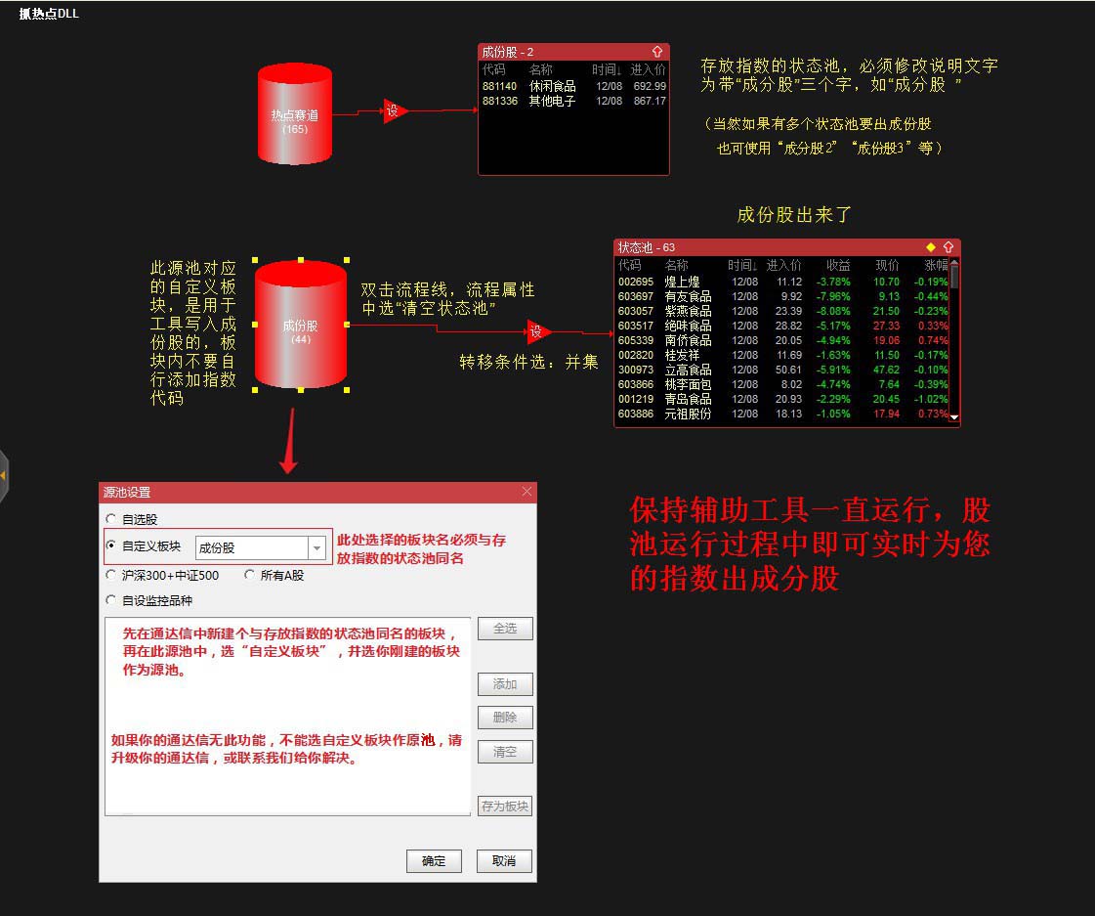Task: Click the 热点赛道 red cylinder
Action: click(x=295, y=114)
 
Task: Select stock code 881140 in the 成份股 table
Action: click(x=499, y=86)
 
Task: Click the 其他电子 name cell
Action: click(x=553, y=101)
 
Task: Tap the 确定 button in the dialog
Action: click(x=434, y=861)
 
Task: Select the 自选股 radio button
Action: click(x=111, y=519)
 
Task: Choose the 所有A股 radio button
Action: click(x=250, y=575)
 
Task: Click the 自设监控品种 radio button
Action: click(x=111, y=600)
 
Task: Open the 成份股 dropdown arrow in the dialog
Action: click(x=316, y=548)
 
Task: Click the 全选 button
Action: click(x=504, y=629)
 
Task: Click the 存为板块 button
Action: click(x=504, y=807)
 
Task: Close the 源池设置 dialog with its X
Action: click(x=527, y=492)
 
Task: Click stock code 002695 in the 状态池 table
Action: click(x=635, y=282)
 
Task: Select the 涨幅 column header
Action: click(x=935, y=265)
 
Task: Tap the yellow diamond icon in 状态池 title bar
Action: click(x=931, y=247)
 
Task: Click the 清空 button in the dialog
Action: click(x=504, y=752)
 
